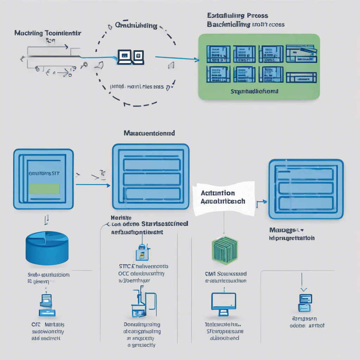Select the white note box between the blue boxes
[x=224, y=198]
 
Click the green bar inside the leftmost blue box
[x=44, y=189]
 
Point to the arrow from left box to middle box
[x=92, y=184]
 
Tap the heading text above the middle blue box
[x=149, y=134]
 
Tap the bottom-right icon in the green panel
[x=301, y=77]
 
